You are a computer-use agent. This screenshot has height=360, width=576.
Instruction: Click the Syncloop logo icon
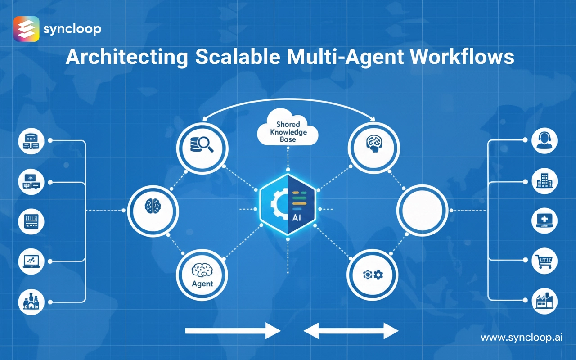coord(27,29)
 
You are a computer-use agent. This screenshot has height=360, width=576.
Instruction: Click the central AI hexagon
coord(288,205)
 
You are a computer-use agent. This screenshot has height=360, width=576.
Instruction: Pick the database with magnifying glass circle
coord(202,147)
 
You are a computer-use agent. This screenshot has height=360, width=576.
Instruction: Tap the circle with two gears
coord(373,274)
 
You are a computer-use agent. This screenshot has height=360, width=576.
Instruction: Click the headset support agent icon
coord(544,141)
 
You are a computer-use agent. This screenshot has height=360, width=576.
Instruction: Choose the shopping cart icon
coord(544,261)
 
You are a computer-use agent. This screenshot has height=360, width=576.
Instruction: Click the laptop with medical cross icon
coord(544,220)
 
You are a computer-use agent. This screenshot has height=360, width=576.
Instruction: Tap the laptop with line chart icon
coord(31,261)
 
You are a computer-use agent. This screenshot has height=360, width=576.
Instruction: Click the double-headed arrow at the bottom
coord(351,332)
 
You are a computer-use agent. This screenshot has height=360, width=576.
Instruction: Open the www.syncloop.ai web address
coord(522,337)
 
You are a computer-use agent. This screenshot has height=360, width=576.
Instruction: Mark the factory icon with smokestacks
coord(544,301)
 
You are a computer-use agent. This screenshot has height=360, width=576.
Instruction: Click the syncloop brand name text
coord(72,30)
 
